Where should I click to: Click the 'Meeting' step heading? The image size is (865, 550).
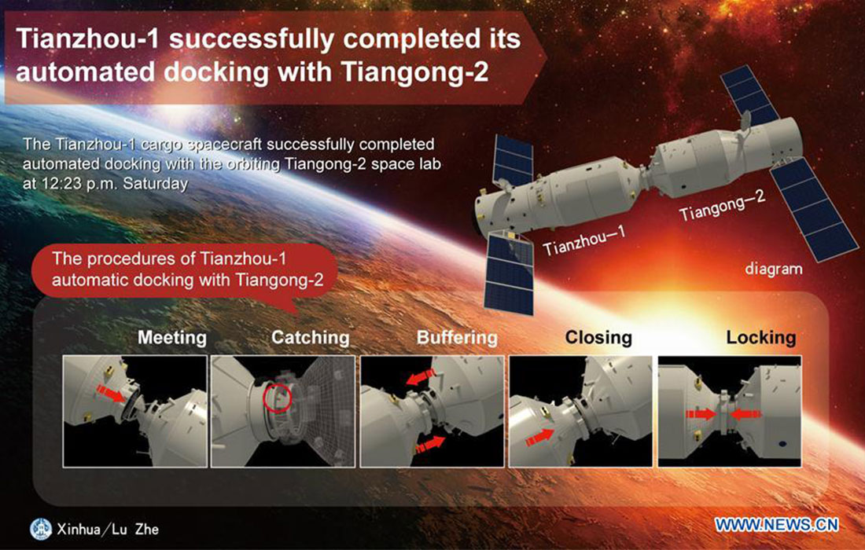coord(172,338)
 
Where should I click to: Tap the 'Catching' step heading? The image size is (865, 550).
coord(310,338)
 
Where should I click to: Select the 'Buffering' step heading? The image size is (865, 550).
coord(457,338)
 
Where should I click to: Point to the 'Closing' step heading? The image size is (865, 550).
coord(598,338)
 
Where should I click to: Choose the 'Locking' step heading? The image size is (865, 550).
coord(760,338)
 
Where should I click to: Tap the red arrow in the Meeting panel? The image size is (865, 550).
coord(111,394)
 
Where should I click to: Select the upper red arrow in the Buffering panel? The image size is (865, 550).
coord(421,377)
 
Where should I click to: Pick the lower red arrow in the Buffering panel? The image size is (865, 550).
coord(430,444)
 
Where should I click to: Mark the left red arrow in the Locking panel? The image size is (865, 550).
coord(701,414)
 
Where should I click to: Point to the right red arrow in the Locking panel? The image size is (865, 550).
coord(745,414)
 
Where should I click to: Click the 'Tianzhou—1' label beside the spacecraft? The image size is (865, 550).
coord(584,241)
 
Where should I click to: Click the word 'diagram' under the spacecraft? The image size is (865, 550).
coord(774,269)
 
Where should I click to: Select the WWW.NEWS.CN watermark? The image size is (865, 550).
coord(777,525)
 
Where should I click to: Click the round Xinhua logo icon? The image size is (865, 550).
coord(41,529)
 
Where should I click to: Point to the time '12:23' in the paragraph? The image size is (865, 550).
coord(65,184)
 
